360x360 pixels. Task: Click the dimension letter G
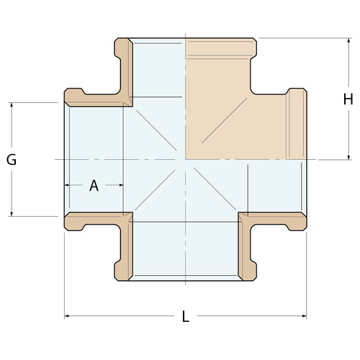(x=12, y=160)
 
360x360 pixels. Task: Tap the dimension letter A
(x=94, y=186)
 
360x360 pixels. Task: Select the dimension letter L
(x=186, y=316)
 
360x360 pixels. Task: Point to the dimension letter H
(x=348, y=99)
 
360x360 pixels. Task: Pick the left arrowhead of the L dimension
(x=68, y=315)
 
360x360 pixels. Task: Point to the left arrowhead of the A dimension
(x=68, y=185)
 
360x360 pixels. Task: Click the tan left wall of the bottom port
(x=125, y=248)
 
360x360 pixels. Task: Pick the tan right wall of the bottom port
(x=247, y=248)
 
